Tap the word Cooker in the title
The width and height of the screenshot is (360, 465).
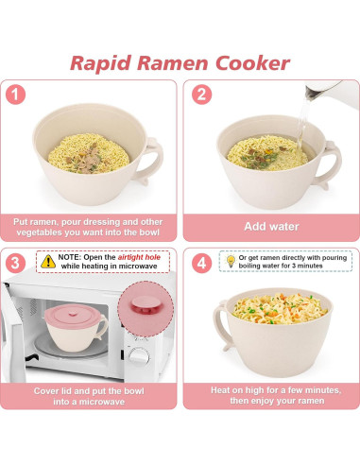pyautogui.click(x=249, y=63)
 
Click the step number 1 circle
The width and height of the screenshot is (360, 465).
pyautogui.click(x=17, y=95)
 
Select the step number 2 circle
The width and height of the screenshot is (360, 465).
pyautogui.click(x=200, y=95)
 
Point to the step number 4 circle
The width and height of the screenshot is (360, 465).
pyautogui.click(x=200, y=262)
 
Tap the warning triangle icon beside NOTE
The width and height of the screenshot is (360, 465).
pyautogui.click(x=46, y=257)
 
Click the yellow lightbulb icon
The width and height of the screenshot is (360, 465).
pyautogui.click(x=230, y=256)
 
